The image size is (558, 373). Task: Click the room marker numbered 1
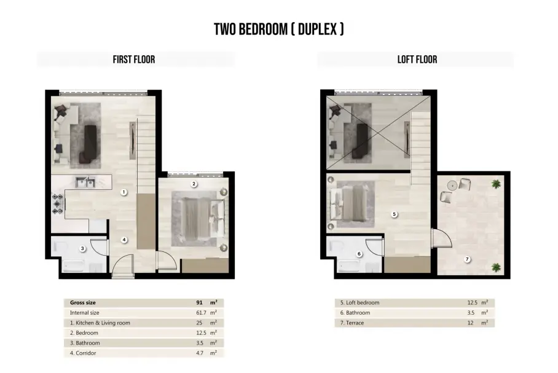(x=124, y=192)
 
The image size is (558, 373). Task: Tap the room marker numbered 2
(x=194, y=184)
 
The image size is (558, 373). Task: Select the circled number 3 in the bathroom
(x=82, y=248)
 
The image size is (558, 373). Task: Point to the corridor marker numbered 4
(x=124, y=240)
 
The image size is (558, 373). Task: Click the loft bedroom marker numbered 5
(x=394, y=214)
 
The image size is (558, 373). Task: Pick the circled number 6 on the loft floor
(x=359, y=254)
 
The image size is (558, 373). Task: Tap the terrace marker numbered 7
(x=467, y=259)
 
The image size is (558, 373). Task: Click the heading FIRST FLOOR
(x=134, y=60)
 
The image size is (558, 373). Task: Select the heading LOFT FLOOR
(x=417, y=60)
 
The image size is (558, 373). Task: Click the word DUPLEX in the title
(x=318, y=29)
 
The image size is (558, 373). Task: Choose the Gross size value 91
(x=199, y=302)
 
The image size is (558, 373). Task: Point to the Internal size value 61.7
(x=201, y=313)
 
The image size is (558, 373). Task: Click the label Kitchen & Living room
(x=103, y=323)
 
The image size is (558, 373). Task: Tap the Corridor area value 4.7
(x=200, y=353)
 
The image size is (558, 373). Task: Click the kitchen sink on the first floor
(x=85, y=183)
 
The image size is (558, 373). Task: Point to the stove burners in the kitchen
(x=57, y=204)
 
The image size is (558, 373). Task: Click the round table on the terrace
(x=452, y=186)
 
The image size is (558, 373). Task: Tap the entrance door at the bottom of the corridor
(x=123, y=266)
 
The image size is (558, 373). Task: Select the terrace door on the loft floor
(x=441, y=238)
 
